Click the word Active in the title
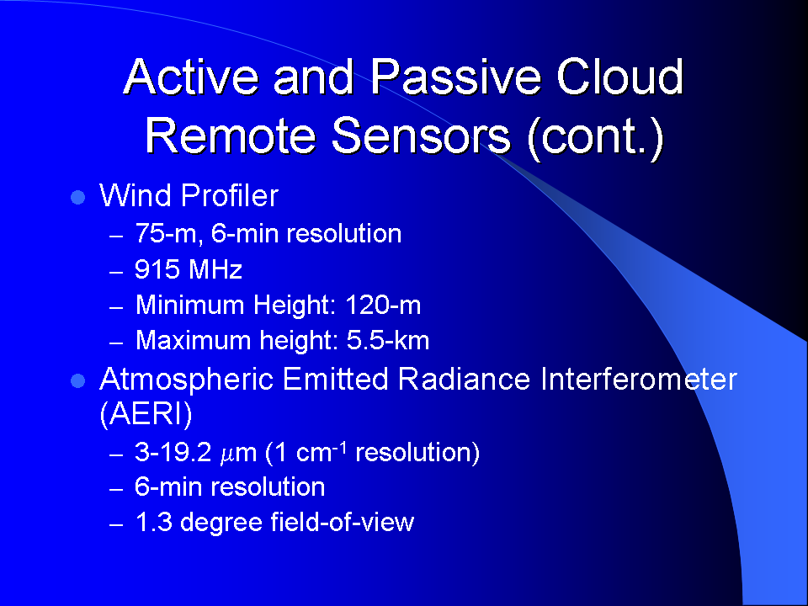point(192,77)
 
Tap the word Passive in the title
point(456,77)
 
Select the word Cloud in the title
point(620,77)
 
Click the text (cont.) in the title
point(595,136)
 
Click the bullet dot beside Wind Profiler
point(77,197)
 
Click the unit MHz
point(215,269)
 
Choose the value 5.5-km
point(387,341)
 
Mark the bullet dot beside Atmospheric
point(77,381)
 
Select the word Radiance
point(465,380)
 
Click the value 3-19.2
point(173,453)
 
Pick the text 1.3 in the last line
point(153,522)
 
